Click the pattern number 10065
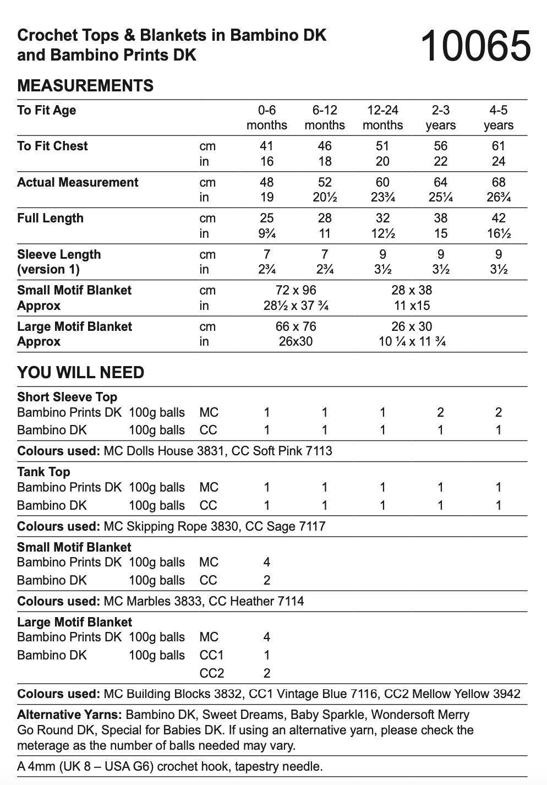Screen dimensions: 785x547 pos(475,46)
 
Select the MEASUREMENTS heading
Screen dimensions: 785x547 pos(85,86)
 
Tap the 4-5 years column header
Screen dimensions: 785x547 pos(498,117)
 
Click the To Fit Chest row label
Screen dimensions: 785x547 pos(52,146)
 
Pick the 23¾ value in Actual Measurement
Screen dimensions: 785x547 pos(382,197)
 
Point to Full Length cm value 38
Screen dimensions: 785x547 pos(440,218)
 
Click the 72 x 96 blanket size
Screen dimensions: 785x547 pos(296,290)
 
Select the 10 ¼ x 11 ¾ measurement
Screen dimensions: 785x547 pos(412,341)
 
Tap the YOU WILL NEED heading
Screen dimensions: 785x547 pos(80,373)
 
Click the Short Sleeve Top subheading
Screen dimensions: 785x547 pos(67,397)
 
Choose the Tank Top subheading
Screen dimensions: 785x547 pos(43,472)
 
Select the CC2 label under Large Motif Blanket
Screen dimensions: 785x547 pos(211,673)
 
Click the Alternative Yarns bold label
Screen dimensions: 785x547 pos(69,715)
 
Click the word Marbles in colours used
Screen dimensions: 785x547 pos(148,601)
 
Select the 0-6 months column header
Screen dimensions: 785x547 pos(267,117)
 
